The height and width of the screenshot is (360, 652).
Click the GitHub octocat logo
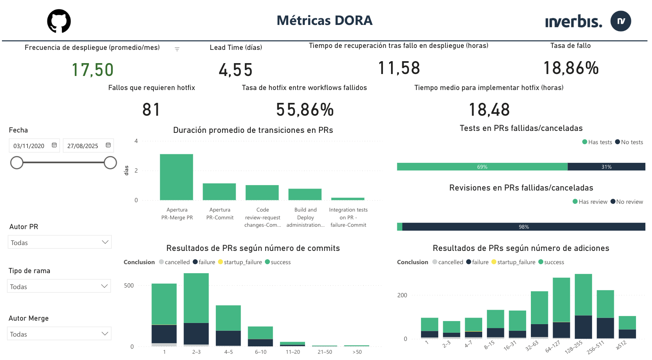pos(59,21)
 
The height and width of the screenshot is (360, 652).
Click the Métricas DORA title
pos(324,20)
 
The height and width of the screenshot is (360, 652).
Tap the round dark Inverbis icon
pos(620,21)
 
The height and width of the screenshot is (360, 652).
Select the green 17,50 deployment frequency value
pos(93,70)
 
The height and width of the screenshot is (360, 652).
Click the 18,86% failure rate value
pos(571,68)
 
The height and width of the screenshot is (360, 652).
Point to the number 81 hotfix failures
pos(151,109)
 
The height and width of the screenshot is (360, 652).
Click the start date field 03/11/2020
pos(29,146)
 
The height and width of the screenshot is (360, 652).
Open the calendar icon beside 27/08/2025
pos(108,145)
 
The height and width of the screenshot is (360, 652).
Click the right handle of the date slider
pos(110,162)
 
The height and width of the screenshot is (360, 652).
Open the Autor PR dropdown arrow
pos(105,242)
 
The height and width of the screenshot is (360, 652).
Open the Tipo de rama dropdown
pos(59,286)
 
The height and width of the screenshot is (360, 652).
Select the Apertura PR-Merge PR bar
pos(176,177)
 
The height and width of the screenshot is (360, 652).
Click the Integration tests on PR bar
pos(348,199)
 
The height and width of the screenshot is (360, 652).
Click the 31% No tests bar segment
pos(606,167)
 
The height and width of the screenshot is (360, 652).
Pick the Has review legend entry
pos(590,202)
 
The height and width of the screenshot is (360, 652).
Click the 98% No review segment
pos(523,227)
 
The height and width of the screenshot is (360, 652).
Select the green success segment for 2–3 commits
pos(196,298)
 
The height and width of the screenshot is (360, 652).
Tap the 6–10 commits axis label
pos(261,352)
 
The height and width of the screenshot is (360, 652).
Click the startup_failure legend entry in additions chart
pos(513,262)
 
